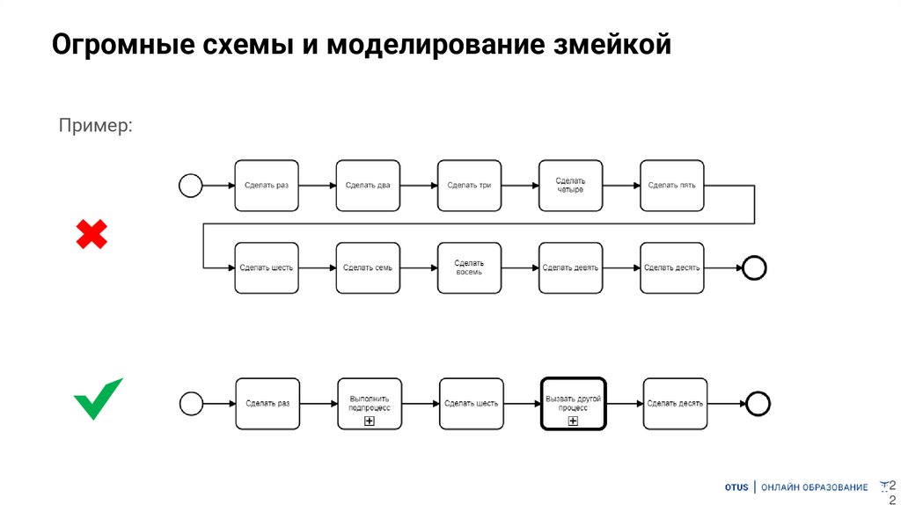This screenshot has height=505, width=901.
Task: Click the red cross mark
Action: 92,235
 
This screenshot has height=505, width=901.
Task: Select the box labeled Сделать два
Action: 368,185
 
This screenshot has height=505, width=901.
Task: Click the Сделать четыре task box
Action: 570,185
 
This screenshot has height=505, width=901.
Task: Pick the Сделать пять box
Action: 672,185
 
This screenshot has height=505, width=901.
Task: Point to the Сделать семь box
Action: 368,267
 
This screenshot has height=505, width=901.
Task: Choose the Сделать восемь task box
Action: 469,267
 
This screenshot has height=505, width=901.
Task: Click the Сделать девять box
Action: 570,267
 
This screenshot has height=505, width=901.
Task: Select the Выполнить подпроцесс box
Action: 370,404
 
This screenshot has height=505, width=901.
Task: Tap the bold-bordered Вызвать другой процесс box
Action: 573,404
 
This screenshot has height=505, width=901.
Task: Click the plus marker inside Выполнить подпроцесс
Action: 370,422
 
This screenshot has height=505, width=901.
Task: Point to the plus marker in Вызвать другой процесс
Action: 573,422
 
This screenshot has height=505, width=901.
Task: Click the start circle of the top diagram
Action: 190,185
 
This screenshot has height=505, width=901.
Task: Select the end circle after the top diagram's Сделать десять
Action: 754,267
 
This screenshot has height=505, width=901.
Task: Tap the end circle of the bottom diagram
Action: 758,404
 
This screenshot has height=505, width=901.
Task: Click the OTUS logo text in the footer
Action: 736,487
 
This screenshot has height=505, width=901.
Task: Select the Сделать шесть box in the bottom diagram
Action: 472,404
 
